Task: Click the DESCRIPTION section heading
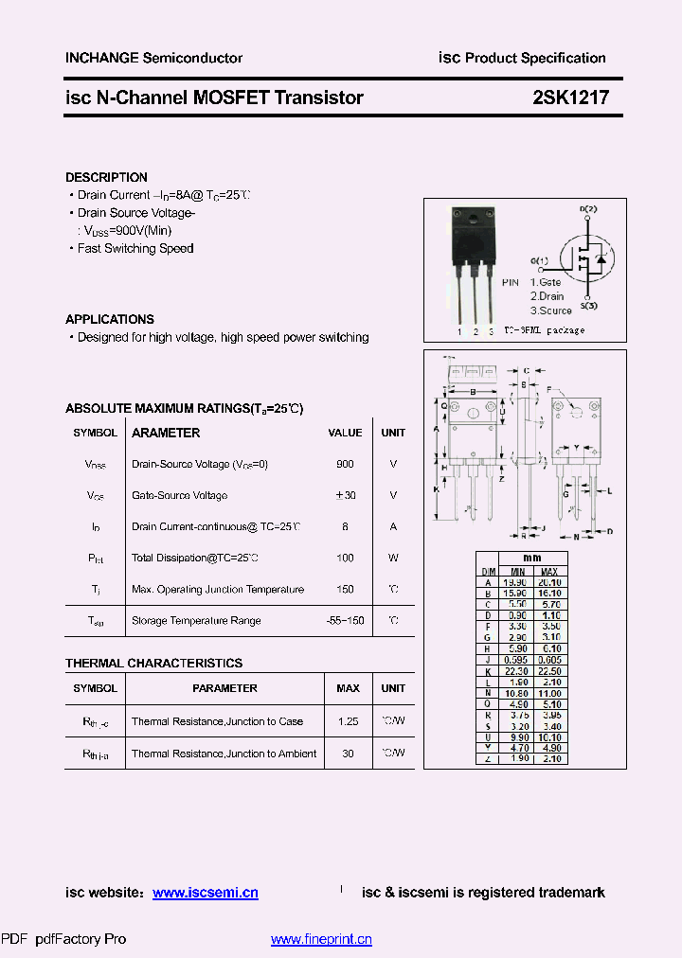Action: (x=106, y=177)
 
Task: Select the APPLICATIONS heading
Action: (x=109, y=319)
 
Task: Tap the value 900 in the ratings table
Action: (x=345, y=464)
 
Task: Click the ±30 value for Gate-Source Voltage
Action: (x=345, y=495)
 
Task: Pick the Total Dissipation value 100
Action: (x=345, y=558)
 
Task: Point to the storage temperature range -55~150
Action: (x=345, y=620)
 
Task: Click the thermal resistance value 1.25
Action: (x=348, y=721)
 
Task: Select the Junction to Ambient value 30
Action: (x=348, y=753)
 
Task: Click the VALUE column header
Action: (x=345, y=433)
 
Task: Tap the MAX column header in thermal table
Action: (x=348, y=688)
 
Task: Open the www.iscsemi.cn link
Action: (x=205, y=893)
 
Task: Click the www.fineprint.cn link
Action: (x=321, y=939)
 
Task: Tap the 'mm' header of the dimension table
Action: (x=532, y=559)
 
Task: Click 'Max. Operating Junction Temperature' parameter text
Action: (x=218, y=589)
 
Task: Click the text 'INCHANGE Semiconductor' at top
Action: (x=153, y=58)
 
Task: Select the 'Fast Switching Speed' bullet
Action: (x=135, y=248)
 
